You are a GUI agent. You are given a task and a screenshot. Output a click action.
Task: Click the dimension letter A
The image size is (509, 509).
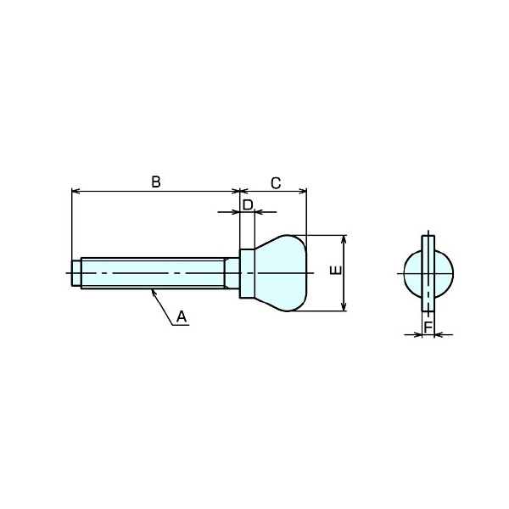(182, 316)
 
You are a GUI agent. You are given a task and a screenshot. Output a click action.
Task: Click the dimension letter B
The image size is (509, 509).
(156, 182)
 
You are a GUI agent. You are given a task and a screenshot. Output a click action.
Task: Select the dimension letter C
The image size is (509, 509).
(276, 183)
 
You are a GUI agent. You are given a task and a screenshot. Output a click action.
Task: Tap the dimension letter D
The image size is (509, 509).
(248, 204)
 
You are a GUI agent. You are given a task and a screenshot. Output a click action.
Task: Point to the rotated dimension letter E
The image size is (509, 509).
(336, 270)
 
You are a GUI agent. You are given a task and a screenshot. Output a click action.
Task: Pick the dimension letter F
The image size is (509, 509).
(428, 327)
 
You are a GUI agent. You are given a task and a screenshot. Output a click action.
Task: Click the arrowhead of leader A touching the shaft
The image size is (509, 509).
(154, 292)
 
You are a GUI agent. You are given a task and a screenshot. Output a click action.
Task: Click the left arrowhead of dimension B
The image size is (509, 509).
(75, 191)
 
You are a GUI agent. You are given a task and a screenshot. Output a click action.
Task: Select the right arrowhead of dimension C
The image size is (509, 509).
(303, 191)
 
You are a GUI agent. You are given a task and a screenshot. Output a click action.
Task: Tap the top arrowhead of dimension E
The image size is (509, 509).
(344, 239)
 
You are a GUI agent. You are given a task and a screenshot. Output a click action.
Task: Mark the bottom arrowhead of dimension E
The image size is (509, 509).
(344, 307)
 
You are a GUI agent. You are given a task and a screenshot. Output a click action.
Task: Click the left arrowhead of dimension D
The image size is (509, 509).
(236, 212)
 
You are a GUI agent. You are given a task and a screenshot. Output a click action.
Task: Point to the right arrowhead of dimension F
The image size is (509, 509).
(439, 334)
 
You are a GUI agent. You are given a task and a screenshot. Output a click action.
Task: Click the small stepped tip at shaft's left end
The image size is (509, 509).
(76, 273)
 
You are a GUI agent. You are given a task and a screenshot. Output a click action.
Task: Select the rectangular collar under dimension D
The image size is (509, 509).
(248, 273)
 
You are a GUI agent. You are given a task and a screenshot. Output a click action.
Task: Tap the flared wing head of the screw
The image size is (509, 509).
(281, 273)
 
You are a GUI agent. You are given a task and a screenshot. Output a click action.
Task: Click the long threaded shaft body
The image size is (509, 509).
(153, 273)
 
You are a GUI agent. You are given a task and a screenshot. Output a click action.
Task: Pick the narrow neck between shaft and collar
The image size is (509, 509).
(232, 273)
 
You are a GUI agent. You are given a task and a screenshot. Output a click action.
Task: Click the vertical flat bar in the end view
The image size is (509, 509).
(428, 273)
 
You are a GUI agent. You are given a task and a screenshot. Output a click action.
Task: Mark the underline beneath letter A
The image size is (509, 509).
(181, 325)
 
